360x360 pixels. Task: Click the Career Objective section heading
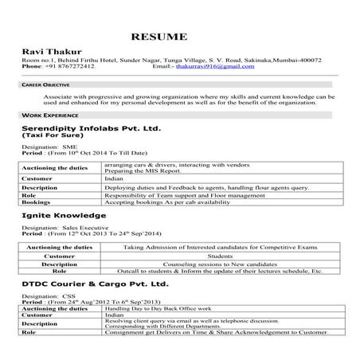pyautogui.click(x=45, y=84)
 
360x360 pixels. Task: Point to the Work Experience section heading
pyautogui.click(x=45, y=115)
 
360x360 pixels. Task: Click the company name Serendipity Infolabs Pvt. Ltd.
pyautogui.click(x=91, y=127)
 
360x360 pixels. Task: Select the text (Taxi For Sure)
pyautogui.click(x=52, y=135)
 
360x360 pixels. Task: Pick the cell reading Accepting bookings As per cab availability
pyautogui.click(x=161, y=202)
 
